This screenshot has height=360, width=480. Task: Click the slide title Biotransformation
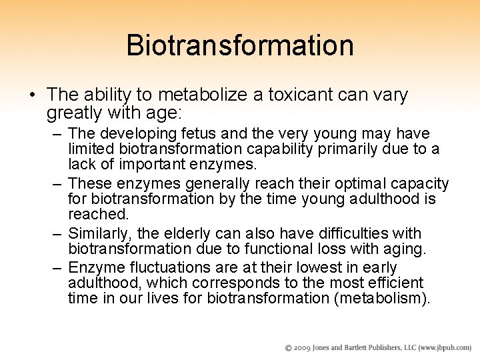pyautogui.click(x=239, y=45)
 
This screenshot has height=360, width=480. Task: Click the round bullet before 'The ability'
pyautogui.click(x=32, y=95)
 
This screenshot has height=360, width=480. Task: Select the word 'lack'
pyautogui.click(x=82, y=164)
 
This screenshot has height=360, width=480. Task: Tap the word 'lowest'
pyautogui.click(x=316, y=267)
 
